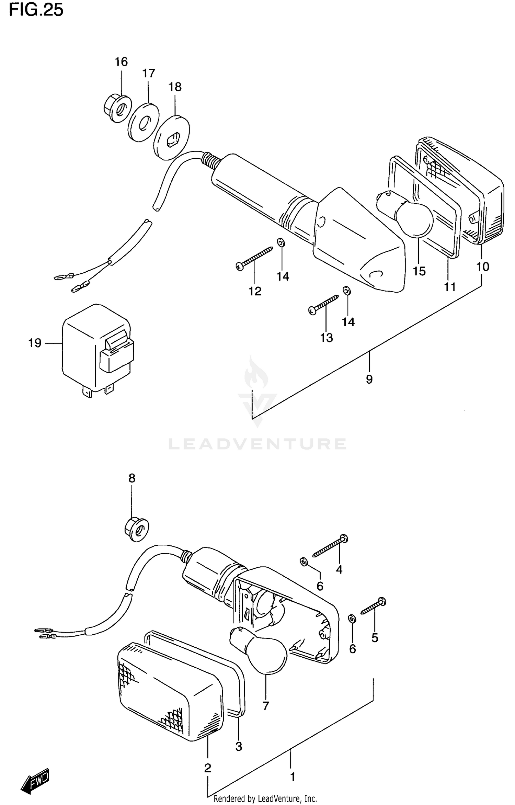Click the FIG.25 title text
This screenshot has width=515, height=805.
pyautogui.click(x=36, y=10)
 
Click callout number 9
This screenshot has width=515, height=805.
pyautogui.click(x=369, y=379)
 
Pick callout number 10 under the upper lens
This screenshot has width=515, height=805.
pyautogui.click(x=483, y=267)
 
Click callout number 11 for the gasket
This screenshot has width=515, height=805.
pyautogui.click(x=450, y=286)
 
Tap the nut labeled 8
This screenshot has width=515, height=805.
pyautogui.click(x=137, y=530)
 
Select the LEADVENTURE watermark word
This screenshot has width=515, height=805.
pyautogui.click(x=257, y=444)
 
